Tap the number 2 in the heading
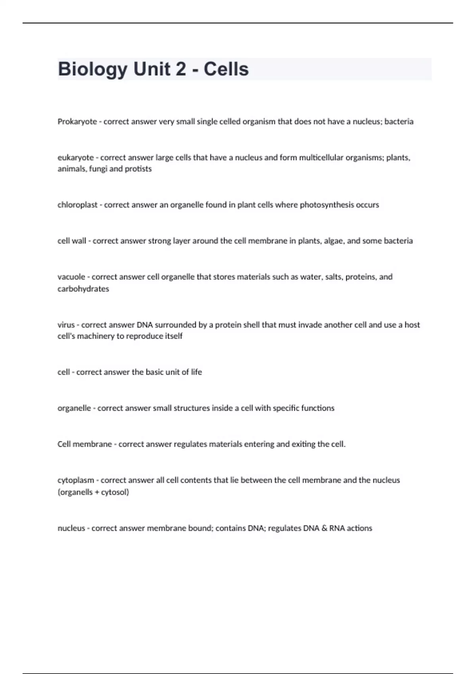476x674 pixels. click(x=180, y=69)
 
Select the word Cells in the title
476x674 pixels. click(x=226, y=69)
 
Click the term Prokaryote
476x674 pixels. click(x=77, y=122)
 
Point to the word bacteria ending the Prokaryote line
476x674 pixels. click(x=399, y=122)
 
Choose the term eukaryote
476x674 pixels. click(x=75, y=158)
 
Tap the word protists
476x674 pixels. click(x=138, y=169)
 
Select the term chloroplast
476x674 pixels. click(x=77, y=205)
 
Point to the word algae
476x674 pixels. click(x=334, y=241)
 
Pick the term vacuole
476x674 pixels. click(x=71, y=277)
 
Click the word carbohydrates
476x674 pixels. click(x=83, y=289)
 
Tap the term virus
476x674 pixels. click(x=66, y=325)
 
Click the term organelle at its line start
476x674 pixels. click(x=74, y=408)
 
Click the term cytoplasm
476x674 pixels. click(x=76, y=480)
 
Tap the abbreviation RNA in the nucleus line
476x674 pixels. click(x=337, y=528)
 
